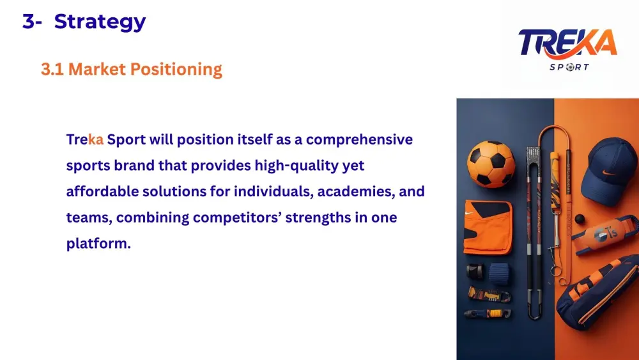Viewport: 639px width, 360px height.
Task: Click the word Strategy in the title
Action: [100, 22]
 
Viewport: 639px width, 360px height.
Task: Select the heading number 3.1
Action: [52, 69]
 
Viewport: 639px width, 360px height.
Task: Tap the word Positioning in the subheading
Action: [176, 70]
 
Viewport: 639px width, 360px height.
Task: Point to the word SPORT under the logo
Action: [569, 67]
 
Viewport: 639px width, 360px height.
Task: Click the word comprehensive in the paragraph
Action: [359, 140]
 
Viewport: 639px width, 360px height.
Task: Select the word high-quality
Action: [296, 166]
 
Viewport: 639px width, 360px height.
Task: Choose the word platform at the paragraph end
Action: [98, 244]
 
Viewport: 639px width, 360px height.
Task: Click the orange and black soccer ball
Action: [491, 164]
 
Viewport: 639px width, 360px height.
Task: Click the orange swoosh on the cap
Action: [609, 173]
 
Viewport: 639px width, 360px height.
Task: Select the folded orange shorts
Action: [488, 227]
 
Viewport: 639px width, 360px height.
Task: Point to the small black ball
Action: [580, 219]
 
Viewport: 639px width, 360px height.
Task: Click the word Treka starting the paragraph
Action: [85, 140]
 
